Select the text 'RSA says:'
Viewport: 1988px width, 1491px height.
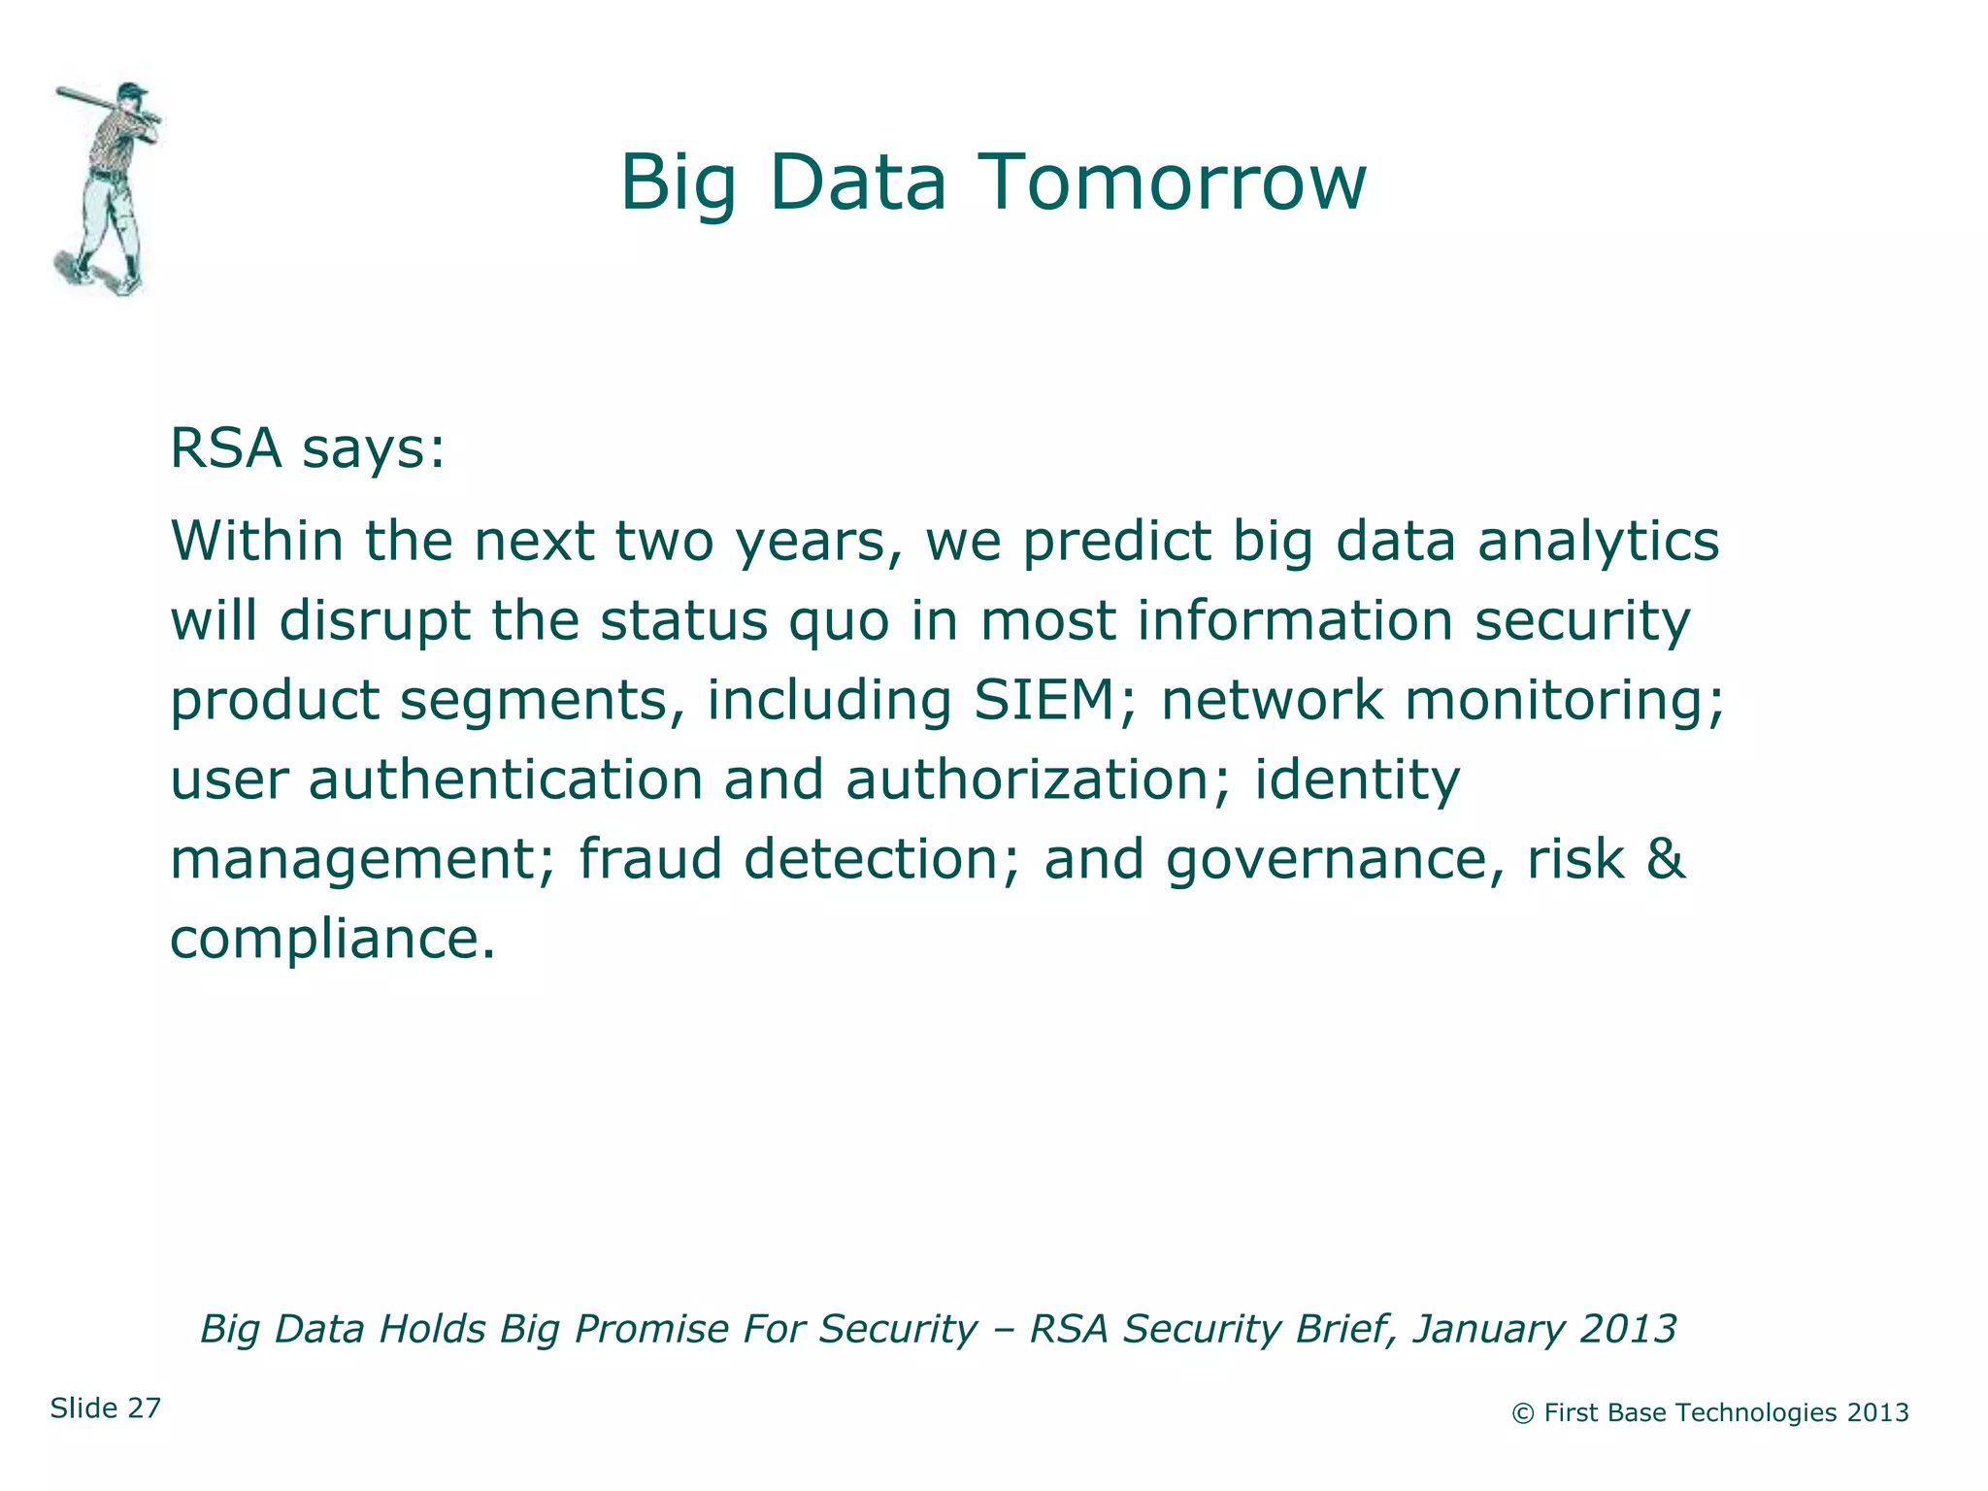307,448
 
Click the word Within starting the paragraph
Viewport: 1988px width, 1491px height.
256,541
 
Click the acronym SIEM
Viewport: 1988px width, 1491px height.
1044,700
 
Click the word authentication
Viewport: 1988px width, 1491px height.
505,779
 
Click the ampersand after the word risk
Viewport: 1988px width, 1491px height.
1666,859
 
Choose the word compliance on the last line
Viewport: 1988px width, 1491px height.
330,940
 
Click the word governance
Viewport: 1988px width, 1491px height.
1326,861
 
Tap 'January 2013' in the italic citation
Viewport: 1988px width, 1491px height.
1543,1329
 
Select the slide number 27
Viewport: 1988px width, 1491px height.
144,1408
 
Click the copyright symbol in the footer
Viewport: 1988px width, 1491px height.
1523,1413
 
